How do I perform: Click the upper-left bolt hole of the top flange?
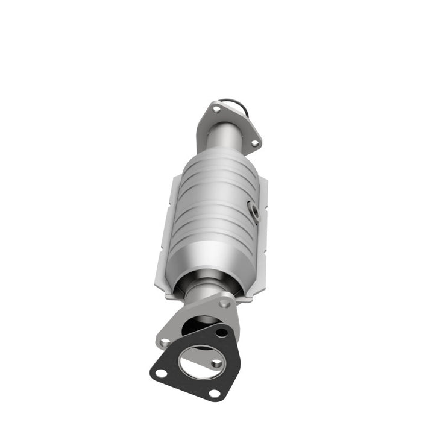point(216,110)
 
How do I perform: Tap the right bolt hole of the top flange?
point(254,143)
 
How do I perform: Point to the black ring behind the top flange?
point(236,104)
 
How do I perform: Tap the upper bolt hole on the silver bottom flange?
point(225,304)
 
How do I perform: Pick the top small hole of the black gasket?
point(222,333)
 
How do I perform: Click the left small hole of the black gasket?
point(161,373)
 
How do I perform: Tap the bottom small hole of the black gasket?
point(213,393)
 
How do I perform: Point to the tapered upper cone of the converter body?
point(217,160)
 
